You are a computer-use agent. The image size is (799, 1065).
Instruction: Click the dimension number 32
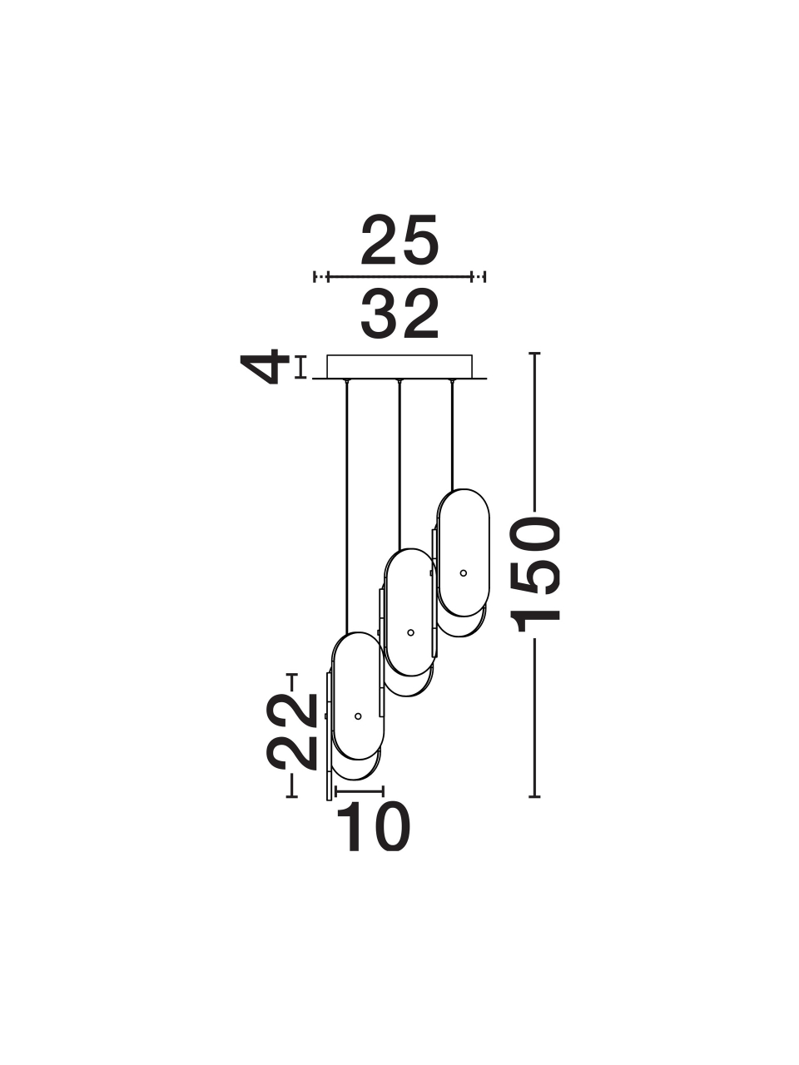click(x=399, y=314)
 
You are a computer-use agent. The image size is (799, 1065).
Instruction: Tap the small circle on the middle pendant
click(x=411, y=632)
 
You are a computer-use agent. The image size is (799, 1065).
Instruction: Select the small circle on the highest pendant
click(x=464, y=572)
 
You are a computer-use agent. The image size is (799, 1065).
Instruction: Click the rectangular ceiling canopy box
click(x=399, y=366)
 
